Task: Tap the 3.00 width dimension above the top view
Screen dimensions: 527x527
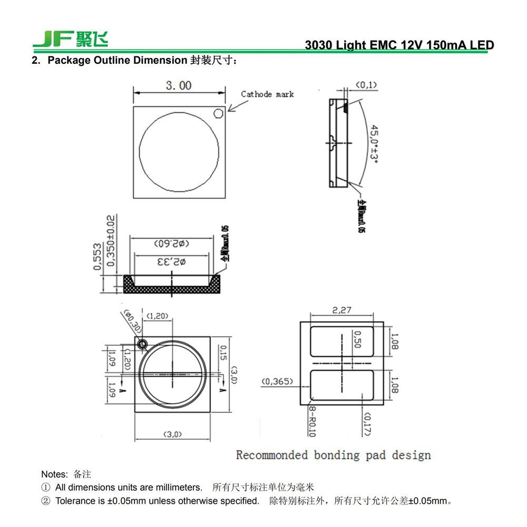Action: pos(179,85)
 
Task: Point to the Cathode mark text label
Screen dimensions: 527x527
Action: pos(267,94)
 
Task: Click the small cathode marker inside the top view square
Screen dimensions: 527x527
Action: pos(218,113)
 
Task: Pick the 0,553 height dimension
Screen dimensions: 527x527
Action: pos(97,257)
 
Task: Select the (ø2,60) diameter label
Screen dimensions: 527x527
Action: pos(172,244)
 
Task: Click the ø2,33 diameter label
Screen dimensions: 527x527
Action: pos(173,262)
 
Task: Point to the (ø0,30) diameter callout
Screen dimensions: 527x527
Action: pos(132,321)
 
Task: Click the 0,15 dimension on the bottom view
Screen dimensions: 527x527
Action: pos(223,353)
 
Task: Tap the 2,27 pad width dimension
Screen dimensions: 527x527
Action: pos(341,310)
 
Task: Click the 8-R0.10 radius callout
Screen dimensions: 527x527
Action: pos(311,421)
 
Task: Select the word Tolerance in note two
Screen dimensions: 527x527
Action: pos(75,501)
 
